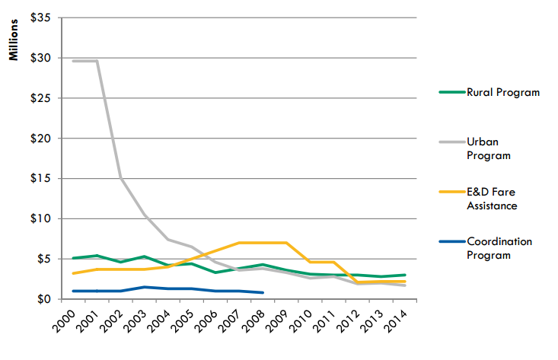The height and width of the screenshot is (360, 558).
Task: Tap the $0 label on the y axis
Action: [43, 299]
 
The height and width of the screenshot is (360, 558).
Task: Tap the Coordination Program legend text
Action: [500, 248]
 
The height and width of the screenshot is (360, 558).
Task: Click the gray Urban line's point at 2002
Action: [121, 179]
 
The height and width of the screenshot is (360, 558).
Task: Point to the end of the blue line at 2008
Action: [263, 292]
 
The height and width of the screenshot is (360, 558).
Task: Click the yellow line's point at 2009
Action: [286, 243]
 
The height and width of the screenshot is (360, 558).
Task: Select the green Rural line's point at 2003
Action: [145, 256]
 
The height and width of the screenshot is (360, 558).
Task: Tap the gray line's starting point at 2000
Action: [74, 61]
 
